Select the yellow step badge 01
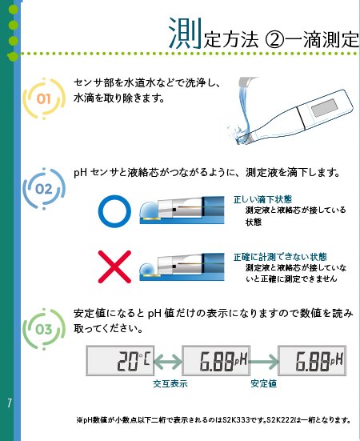coord(44,99)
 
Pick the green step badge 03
coord(44,328)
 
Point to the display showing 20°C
coord(120,362)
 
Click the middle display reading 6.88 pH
coord(215,362)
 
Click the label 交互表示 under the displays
coord(170,385)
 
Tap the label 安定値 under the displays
coord(264,385)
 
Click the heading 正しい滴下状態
coord(262,199)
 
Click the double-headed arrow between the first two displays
coord(169,362)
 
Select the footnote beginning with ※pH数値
coord(216,419)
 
